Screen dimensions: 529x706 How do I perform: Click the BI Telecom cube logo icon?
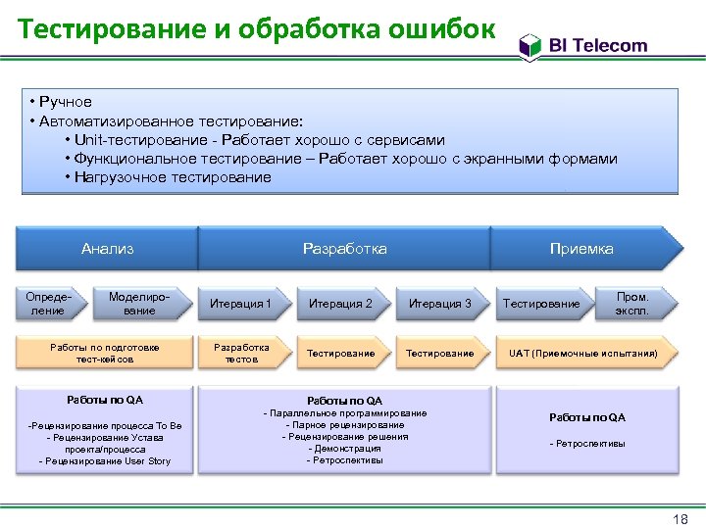(529, 45)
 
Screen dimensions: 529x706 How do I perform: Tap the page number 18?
(676, 518)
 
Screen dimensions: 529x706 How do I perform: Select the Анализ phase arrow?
(108, 249)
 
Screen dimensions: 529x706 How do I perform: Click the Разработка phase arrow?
(344, 249)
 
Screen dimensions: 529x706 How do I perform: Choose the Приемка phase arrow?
(581, 249)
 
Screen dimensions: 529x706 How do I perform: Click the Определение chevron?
(48, 304)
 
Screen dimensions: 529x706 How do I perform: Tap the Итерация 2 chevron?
(340, 304)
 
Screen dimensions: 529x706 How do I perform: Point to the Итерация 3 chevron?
(439, 304)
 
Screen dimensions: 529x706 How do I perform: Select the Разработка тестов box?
(242, 354)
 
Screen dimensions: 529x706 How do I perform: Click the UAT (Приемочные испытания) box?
(582, 353)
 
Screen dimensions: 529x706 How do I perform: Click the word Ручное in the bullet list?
(67, 102)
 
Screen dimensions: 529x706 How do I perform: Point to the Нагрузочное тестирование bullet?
(173, 177)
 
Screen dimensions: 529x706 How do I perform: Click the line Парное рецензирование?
(345, 425)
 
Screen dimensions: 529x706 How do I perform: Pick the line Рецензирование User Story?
(106, 461)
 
